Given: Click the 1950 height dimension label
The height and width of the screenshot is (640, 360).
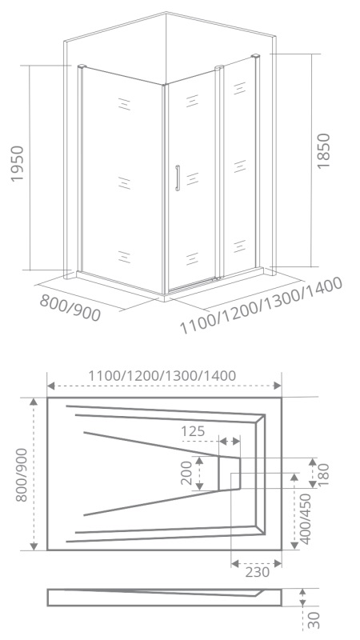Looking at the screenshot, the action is tap(18, 163).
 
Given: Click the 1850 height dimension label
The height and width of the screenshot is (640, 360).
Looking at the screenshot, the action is tap(323, 150).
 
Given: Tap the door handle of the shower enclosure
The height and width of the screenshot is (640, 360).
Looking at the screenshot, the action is tap(177, 178).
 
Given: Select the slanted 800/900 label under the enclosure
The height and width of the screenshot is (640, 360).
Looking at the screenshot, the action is tap(70, 308).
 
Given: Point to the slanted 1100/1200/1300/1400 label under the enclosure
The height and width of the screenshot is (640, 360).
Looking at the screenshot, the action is tap(261, 306).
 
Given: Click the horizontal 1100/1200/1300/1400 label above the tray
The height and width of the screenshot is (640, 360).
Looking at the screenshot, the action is tap(162, 375).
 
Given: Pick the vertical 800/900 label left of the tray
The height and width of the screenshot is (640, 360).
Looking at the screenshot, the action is tap(22, 474).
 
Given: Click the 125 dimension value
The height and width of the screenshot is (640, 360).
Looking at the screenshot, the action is tap(193, 431).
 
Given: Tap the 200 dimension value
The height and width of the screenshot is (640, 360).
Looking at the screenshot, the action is tap(186, 473).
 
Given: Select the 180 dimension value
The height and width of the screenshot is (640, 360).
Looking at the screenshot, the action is tap(323, 474).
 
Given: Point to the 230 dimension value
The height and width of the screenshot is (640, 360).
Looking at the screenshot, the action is tap(257, 572).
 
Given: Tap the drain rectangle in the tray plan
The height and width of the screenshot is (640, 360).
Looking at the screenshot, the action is tap(229, 473).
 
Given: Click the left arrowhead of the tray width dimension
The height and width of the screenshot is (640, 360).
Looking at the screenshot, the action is tap(51, 386).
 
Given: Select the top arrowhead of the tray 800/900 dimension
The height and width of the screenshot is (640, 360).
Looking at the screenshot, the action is tap(34, 402).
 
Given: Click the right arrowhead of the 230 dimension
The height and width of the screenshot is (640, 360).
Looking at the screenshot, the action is tap(278, 564).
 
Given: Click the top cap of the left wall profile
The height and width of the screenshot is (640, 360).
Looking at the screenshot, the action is tap(82, 66).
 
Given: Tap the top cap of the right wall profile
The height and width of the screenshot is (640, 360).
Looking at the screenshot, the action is tap(256, 55).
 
